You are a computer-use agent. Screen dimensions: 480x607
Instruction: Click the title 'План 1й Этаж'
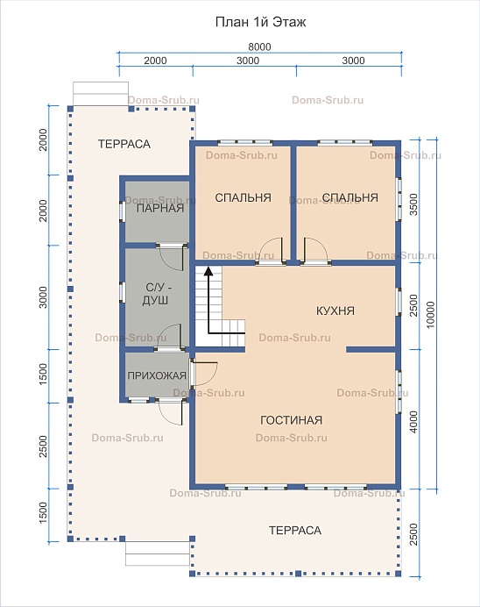(260, 22)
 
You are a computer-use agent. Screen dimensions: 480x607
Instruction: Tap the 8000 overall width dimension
(259, 46)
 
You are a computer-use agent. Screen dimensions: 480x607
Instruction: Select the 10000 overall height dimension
(430, 315)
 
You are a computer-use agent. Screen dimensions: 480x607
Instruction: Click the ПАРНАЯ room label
(160, 208)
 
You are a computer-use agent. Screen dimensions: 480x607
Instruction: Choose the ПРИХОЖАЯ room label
(157, 375)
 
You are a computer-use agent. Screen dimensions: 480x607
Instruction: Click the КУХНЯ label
(335, 311)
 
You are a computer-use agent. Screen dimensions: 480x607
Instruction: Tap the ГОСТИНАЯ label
(291, 420)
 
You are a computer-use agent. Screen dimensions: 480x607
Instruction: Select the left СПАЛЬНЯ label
(244, 198)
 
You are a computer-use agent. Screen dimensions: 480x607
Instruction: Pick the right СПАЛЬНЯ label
(349, 198)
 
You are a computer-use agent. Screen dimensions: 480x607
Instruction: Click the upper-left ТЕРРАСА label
(124, 144)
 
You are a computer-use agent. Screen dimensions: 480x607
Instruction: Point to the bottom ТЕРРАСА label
(295, 531)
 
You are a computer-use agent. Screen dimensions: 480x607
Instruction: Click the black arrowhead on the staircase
(208, 270)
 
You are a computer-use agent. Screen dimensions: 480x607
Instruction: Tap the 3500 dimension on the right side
(413, 204)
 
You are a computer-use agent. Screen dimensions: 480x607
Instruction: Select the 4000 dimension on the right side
(413, 422)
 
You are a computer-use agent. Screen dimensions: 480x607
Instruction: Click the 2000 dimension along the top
(155, 61)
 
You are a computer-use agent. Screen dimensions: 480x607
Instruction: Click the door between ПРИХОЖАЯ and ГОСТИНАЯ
(203, 374)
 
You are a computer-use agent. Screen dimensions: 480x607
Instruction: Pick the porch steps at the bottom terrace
(158, 554)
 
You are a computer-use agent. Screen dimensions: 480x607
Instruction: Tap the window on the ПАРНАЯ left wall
(122, 211)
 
